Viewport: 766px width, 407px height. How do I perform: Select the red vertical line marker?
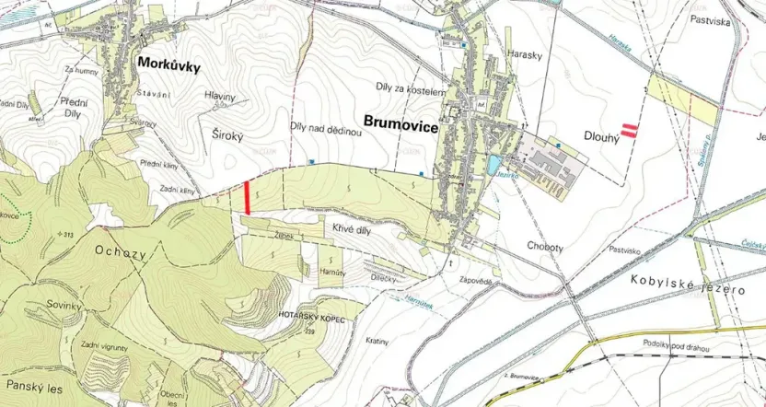coord(248,198)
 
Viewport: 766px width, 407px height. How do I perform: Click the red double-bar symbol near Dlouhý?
coord(630,130)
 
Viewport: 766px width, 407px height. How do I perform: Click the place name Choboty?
coord(520,245)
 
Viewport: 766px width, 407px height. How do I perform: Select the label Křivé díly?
coord(348,224)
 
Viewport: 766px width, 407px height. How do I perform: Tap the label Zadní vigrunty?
coord(103,344)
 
